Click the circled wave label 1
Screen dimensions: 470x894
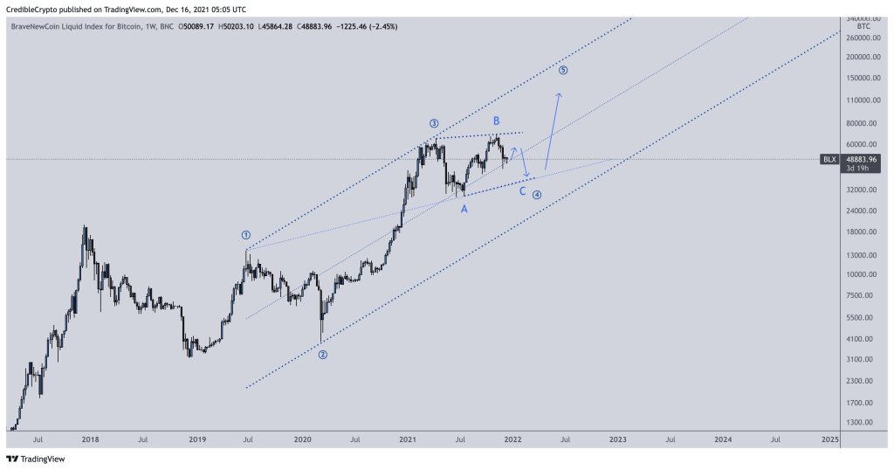pyautogui.click(x=246, y=235)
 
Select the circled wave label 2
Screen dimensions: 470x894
pyautogui.click(x=322, y=355)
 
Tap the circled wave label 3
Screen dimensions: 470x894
pyautogui.click(x=433, y=123)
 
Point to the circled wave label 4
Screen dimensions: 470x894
pyautogui.click(x=537, y=195)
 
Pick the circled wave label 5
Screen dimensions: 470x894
pyautogui.click(x=563, y=70)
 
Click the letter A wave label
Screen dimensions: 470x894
pyautogui.click(x=464, y=210)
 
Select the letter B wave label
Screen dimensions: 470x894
pyautogui.click(x=496, y=121)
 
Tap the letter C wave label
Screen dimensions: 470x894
pyautogui.click(x=522, y=191)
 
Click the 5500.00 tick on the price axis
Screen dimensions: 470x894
pyautogui.click(x=862, y=317)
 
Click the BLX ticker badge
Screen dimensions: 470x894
pyautogui.click(x=829, y=159)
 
